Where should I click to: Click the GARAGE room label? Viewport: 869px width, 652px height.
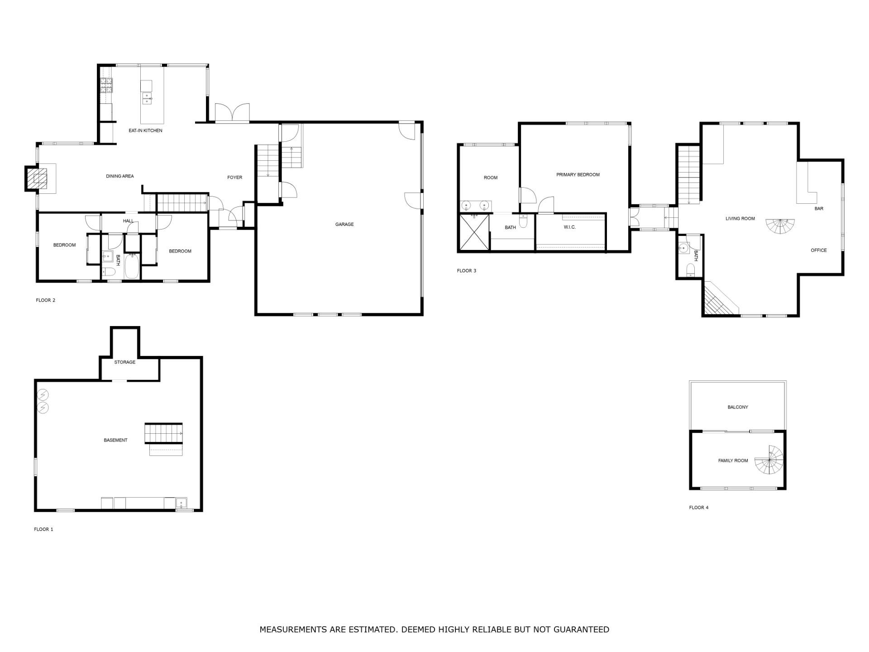pos(344,224)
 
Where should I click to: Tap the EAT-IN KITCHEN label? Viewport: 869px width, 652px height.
pos(145,130)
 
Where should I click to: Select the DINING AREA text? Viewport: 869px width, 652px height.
pos(120,176)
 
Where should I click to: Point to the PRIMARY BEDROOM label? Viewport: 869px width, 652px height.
pos(578,175)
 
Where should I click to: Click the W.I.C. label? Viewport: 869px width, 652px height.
pos(570,227)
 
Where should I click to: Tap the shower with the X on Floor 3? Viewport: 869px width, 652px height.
pos(474,232)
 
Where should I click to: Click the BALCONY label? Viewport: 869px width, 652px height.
pos(738,407)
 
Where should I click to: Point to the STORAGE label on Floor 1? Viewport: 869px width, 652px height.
pos(124,362)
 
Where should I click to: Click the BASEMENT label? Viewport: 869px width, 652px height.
pos(115,440)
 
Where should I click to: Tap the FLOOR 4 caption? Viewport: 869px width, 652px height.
pos(699,508)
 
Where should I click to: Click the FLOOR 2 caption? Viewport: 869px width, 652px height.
pos(46,300)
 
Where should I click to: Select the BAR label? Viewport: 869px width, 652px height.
pos(819,209)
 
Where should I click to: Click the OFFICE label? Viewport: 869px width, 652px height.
pos(819,250)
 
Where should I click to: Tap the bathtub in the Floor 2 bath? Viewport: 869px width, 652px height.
pos(132,266)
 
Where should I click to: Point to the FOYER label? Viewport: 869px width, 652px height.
pos(235,177)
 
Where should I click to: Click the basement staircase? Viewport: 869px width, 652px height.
pos(164,433)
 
